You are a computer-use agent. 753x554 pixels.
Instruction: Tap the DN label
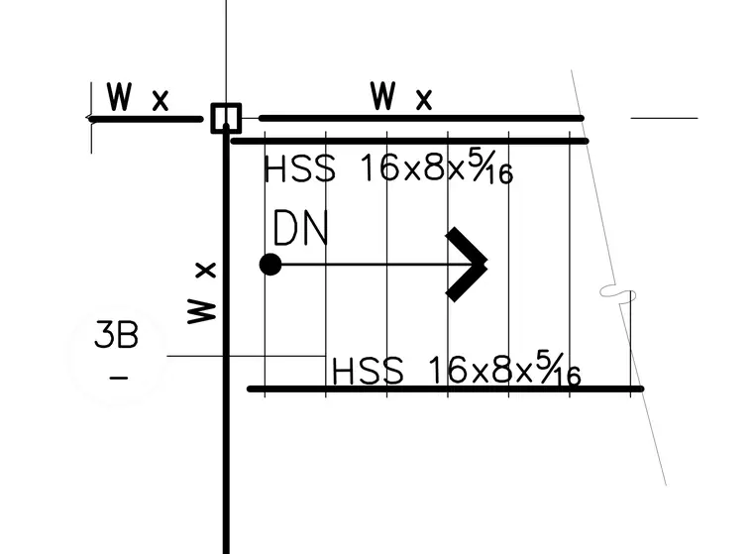[300, 228]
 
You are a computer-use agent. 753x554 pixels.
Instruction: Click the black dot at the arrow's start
[270, 265]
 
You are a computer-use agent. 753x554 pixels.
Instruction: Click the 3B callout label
[117, 334]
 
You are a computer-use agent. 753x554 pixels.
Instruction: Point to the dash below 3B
[119, 379]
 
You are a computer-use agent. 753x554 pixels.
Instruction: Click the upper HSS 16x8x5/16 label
[388, 167]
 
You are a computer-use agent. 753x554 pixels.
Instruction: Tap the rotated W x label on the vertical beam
[202, 293]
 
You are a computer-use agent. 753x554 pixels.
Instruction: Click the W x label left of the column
[138, 97]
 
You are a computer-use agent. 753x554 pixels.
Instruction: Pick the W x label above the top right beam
[401, 96]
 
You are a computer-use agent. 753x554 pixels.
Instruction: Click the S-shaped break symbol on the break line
[618, 293]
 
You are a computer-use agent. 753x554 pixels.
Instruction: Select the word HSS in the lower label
[368, 371]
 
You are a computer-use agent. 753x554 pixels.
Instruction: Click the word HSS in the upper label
[299, 168]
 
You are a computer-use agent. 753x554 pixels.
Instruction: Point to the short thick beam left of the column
[145, 119]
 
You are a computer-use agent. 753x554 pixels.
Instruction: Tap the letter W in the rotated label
[202, 311]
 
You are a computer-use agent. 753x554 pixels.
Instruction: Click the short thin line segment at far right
[664, 118]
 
